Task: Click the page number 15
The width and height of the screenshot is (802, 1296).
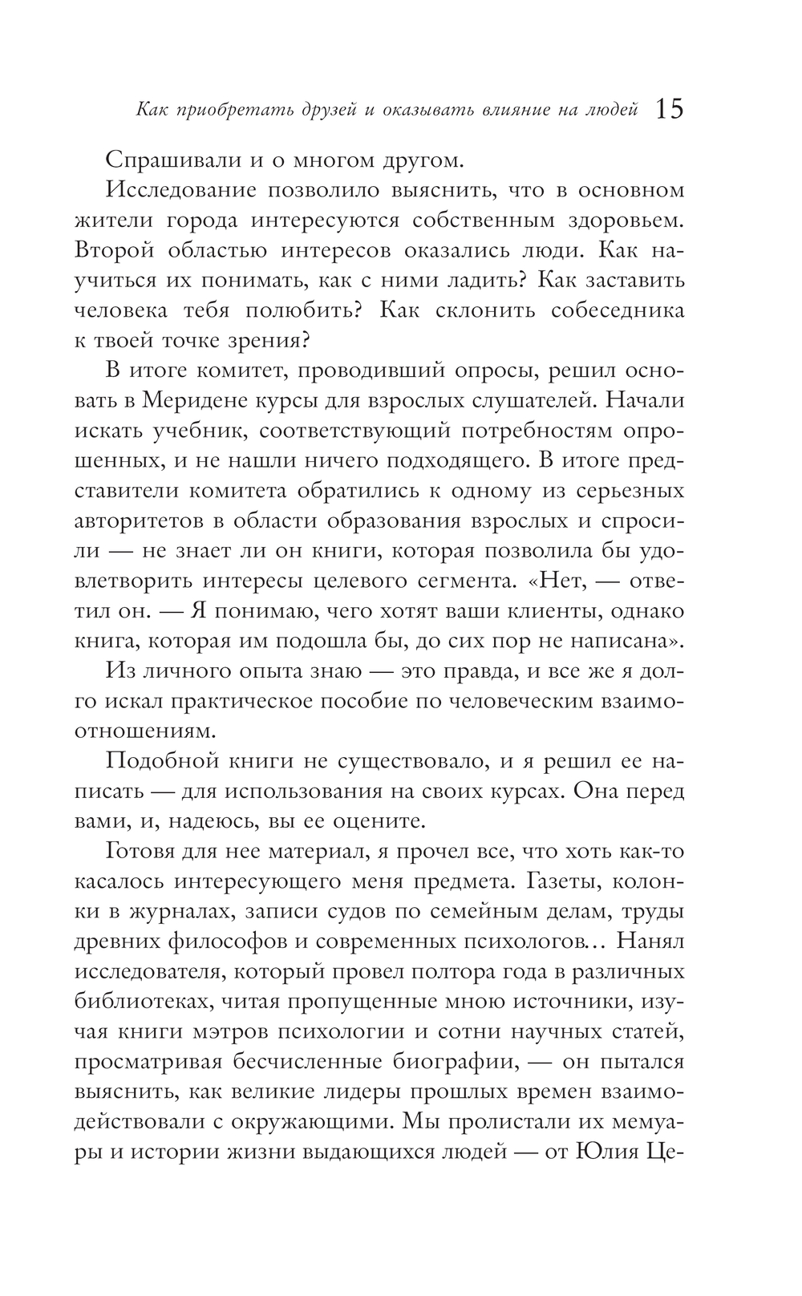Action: pyautogui.click(x=669, y=109)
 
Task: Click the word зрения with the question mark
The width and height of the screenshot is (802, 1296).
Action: pyautogui.click(x=268, y=340)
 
